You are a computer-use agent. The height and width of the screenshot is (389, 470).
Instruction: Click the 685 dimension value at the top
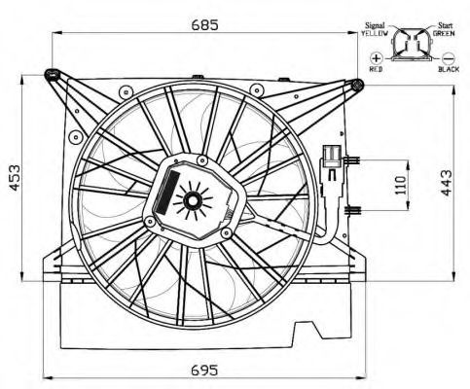tap(204, 24)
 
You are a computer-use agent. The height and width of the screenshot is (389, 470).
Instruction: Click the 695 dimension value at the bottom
tap(204, 370)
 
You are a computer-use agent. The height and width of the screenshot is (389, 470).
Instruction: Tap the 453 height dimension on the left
tap(15, 177)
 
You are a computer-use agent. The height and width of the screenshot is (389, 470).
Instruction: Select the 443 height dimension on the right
tap(447, 183)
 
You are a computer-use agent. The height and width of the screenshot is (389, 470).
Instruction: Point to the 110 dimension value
tap(401, 185)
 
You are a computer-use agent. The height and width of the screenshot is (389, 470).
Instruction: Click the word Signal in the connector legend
tap(375, 25)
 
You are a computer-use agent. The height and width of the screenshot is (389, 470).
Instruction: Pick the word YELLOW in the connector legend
tap(375, 33)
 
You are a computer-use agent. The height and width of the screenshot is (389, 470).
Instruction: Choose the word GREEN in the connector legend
tap(444, 33)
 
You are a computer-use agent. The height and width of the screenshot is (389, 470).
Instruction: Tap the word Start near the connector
tap(446, 25)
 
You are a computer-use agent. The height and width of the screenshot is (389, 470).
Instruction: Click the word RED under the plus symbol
tap(376, 69)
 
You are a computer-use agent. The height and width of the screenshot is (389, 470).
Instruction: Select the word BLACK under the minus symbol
tap(449, 69)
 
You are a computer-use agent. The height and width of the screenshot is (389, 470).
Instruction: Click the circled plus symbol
tap(377, 58)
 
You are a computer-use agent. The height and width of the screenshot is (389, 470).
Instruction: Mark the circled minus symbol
tap(449, 58)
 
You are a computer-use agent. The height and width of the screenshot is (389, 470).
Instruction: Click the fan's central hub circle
tap(194, 201)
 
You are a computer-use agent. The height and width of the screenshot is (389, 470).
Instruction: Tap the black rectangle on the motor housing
tap(166, 193)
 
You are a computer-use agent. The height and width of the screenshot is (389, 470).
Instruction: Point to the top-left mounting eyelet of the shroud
tap(52, 75)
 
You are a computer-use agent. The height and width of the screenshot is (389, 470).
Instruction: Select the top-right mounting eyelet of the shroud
tap(357, 85)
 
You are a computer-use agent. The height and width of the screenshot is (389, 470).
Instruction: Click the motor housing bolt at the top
tap(202, 159)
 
